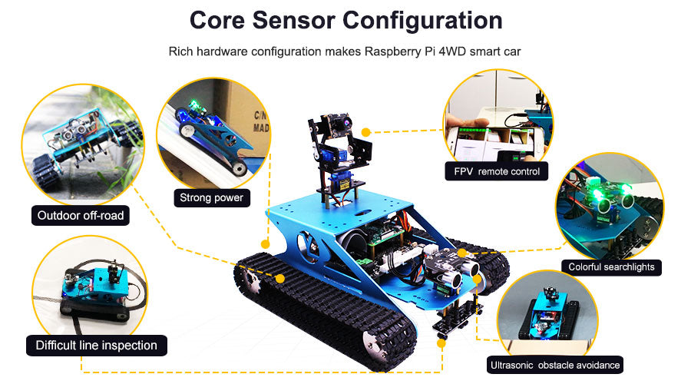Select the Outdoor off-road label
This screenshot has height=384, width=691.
pos(80,216)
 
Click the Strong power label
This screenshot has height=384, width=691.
pos(212,197)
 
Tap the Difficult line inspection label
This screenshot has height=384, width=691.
pos(97,345)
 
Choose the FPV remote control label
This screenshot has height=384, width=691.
pos(497,171)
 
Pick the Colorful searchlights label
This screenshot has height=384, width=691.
pos(611,267)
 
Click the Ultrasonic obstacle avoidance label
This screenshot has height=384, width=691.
pos(555,365)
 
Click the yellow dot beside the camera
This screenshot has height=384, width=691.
pos(365,132)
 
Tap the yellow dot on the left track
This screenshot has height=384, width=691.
pos(279,279)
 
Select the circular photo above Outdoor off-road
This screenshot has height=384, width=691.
pos(83,144)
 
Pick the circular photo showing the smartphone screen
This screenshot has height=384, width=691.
pos(498,120)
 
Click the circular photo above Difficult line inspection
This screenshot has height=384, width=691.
pos(90,289)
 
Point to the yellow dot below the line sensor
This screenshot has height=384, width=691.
pos(441,343)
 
